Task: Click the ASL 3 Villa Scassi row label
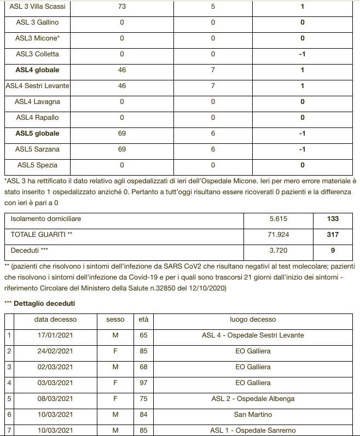point(37,7)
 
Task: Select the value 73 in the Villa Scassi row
point(122,7)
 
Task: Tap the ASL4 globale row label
point(37,70)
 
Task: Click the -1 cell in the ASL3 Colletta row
point(301,54)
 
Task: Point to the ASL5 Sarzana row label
point(37,149)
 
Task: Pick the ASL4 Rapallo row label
point(37,118)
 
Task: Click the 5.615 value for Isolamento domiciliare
point(278,218)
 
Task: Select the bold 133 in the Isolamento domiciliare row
point(332,218)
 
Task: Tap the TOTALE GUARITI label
point(42,234)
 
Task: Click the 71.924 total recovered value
point(278,234)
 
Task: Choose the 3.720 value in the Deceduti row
point(278,250)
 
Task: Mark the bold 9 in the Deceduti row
point(332,250)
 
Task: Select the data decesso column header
point(55,319)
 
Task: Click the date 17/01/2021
point(55,335)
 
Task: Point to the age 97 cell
point(143,383)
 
